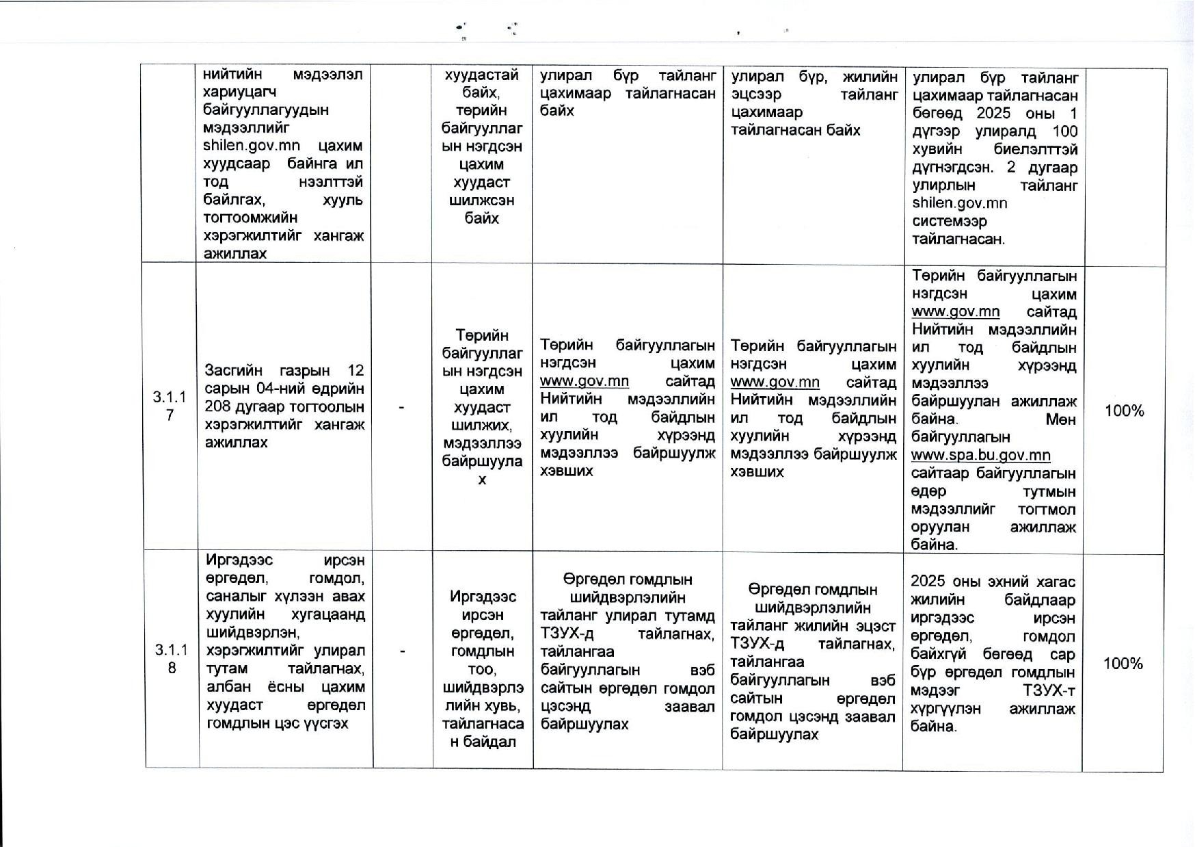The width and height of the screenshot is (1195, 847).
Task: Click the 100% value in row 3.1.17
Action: tap(1125, 411)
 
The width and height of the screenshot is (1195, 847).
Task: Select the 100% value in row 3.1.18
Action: tap(1123, 663)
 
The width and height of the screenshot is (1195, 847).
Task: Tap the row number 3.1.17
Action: tap(170, 406)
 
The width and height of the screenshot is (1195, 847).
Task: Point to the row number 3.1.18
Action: tap(171, 658)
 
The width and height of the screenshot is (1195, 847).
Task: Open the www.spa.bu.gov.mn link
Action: tap(980, 455)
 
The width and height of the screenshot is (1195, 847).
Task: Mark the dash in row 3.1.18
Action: tap(402, 651)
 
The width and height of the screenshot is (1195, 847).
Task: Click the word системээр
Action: tap(950, 221)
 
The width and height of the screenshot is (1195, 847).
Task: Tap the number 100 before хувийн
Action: tap(1065, 131)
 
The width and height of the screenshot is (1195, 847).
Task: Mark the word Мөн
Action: tap(1061, 419)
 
